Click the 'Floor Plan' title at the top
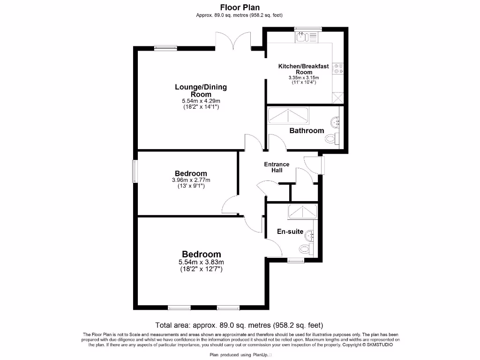click(240, 7)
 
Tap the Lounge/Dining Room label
click(201, 90)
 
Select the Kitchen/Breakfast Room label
click(304, 69)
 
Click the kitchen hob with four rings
click(338, 69)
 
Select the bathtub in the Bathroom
click(288, 115)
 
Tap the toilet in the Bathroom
click(332, 138)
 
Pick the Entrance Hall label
click(277, 167)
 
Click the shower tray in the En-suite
click(302, 211)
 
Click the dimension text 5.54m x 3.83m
click(201, 262)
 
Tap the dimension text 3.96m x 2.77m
click(190, 180)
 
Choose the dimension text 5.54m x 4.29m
click(201, 101)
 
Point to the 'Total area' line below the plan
click(239, 325)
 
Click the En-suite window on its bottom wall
click(295, 260)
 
